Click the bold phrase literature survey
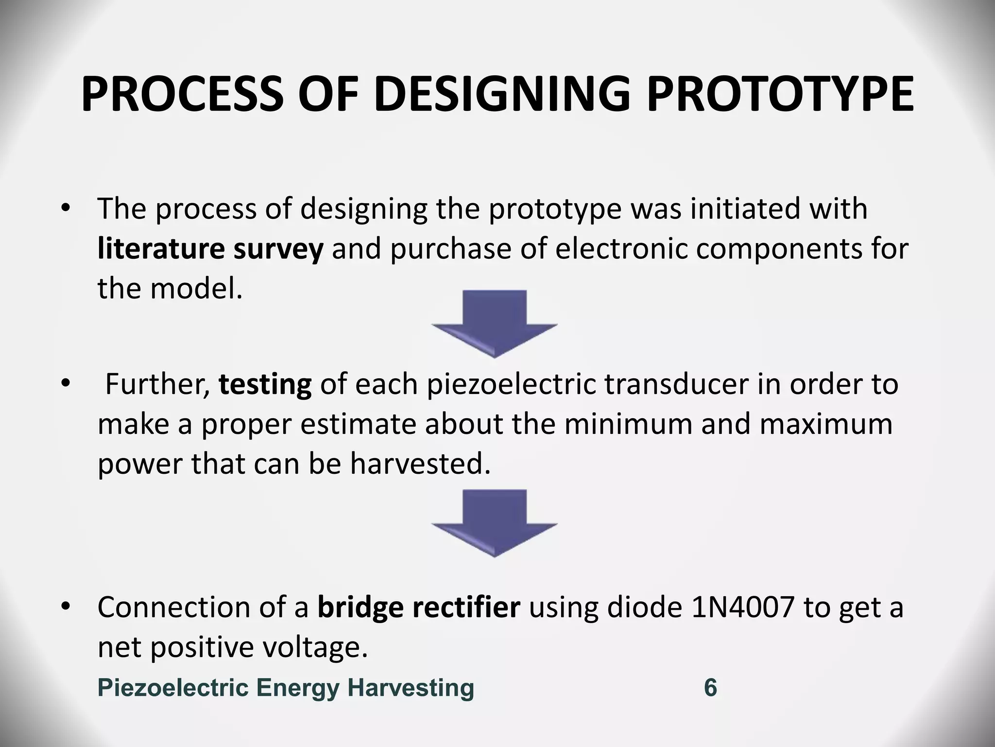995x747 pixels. (210, 249)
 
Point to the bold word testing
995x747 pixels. (265, 384)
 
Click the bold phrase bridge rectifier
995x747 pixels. (419, 607)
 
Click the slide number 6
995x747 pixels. (710, 688)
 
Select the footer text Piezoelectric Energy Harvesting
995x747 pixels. (286, 688)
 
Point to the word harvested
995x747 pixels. (420, 464)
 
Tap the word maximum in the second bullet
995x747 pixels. (826, 424)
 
